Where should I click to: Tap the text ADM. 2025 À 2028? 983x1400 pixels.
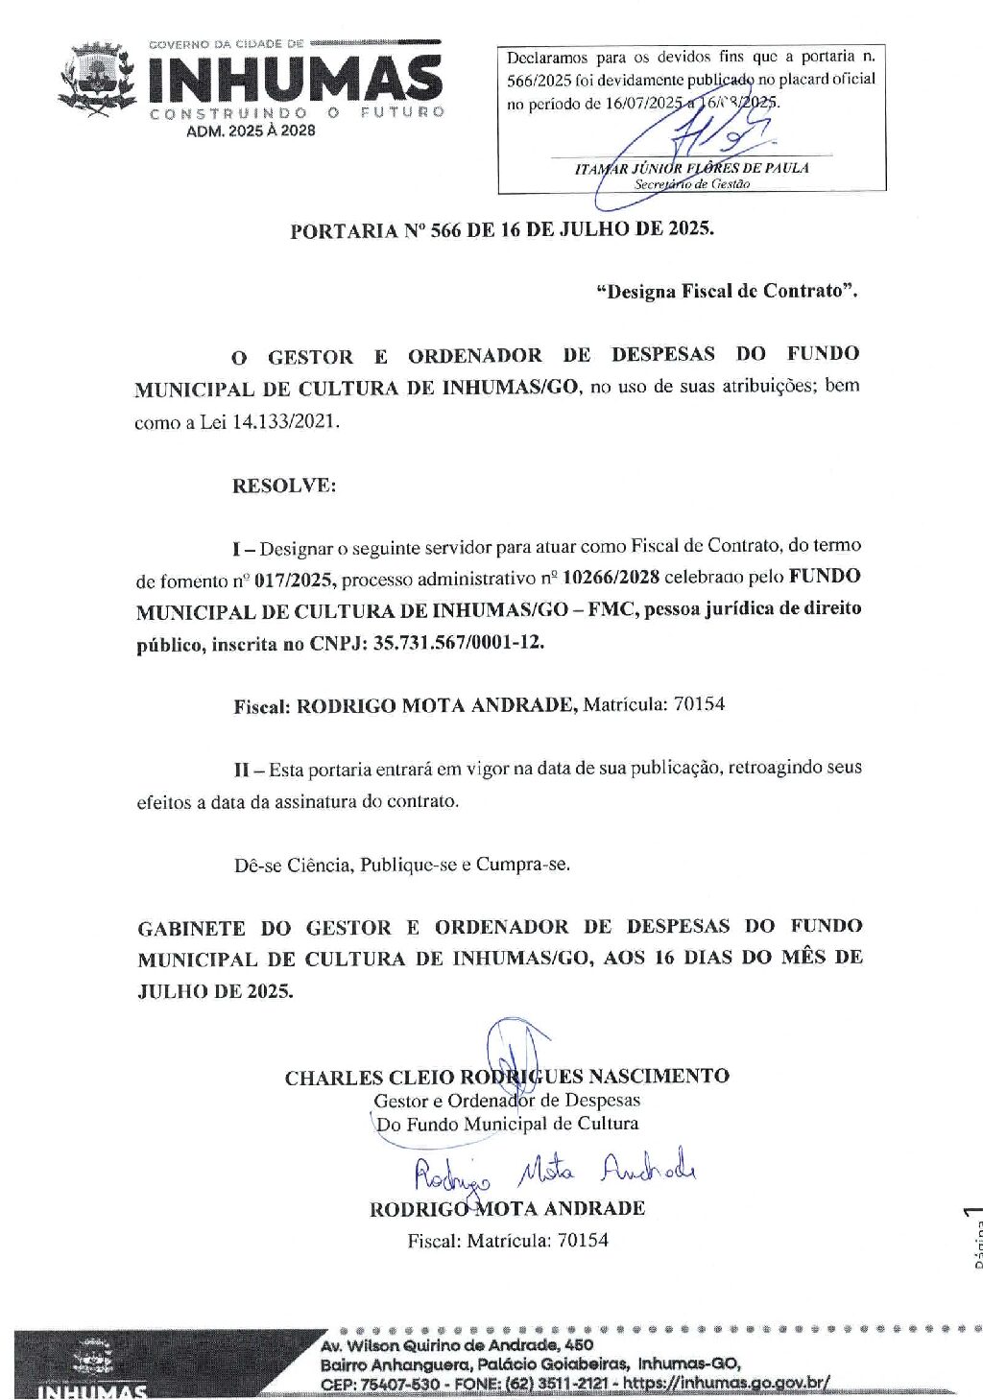click(251, 131)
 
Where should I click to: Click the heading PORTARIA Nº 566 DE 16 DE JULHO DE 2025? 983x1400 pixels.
click(502, 229)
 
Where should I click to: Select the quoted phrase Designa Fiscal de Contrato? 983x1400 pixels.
click(727, 291)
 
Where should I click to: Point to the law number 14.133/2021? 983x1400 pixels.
click(285, 422)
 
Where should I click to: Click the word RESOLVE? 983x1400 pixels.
click(284, 486)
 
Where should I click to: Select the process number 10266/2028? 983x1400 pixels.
click(611, 578)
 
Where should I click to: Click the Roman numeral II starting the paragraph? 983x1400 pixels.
click(243, 770)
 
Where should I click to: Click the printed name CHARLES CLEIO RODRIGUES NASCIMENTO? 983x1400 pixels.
click(507, 1077)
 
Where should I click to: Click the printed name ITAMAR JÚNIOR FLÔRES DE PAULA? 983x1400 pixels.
click(691, 168)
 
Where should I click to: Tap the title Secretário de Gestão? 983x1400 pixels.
click(691, 183)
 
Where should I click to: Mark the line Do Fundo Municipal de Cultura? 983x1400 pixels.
click(507, 1124)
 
